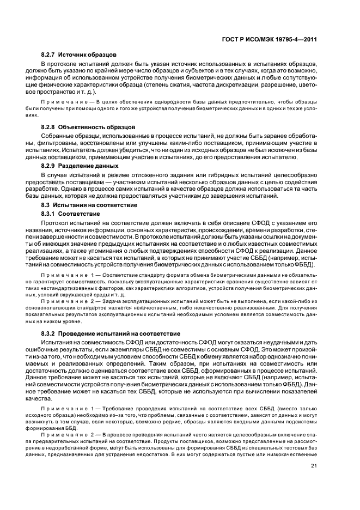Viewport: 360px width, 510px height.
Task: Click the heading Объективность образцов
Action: (x=97, y=126)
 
